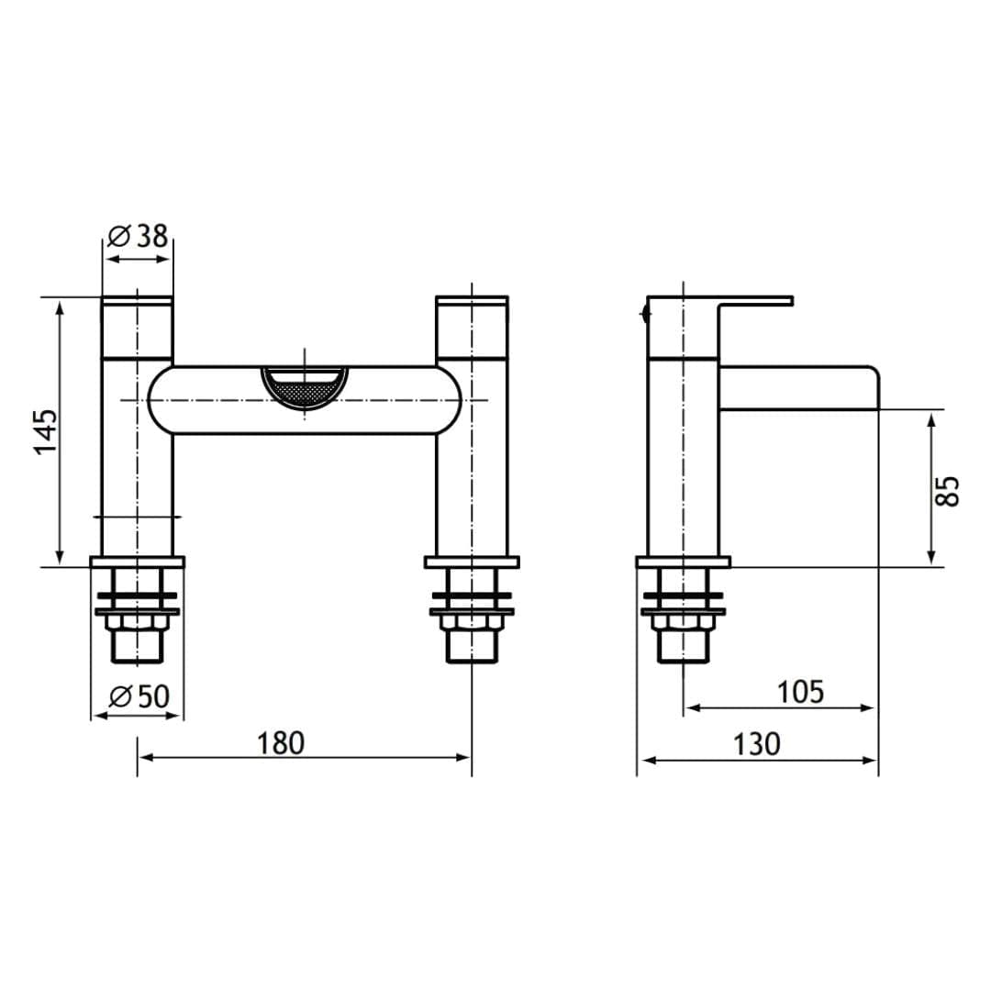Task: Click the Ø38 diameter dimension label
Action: click(x=139, y=237)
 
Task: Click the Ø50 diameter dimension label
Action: click(x=139, y=696)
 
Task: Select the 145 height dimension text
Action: click(x=45, y=430)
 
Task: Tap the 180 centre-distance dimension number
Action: click(x=280, y=742)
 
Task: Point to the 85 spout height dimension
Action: click(x=949, y=490)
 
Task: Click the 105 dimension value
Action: click(x=800, y=692)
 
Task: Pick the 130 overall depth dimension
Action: click(x=756, y=743)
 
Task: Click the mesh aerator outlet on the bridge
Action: click(x=304, y=386)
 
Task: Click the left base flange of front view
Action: click(x=137, y=562)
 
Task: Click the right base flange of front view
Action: click(x=472, y=562)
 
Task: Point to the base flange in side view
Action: click(x=684, y=562)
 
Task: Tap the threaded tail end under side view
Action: click(x=684, y=648)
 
